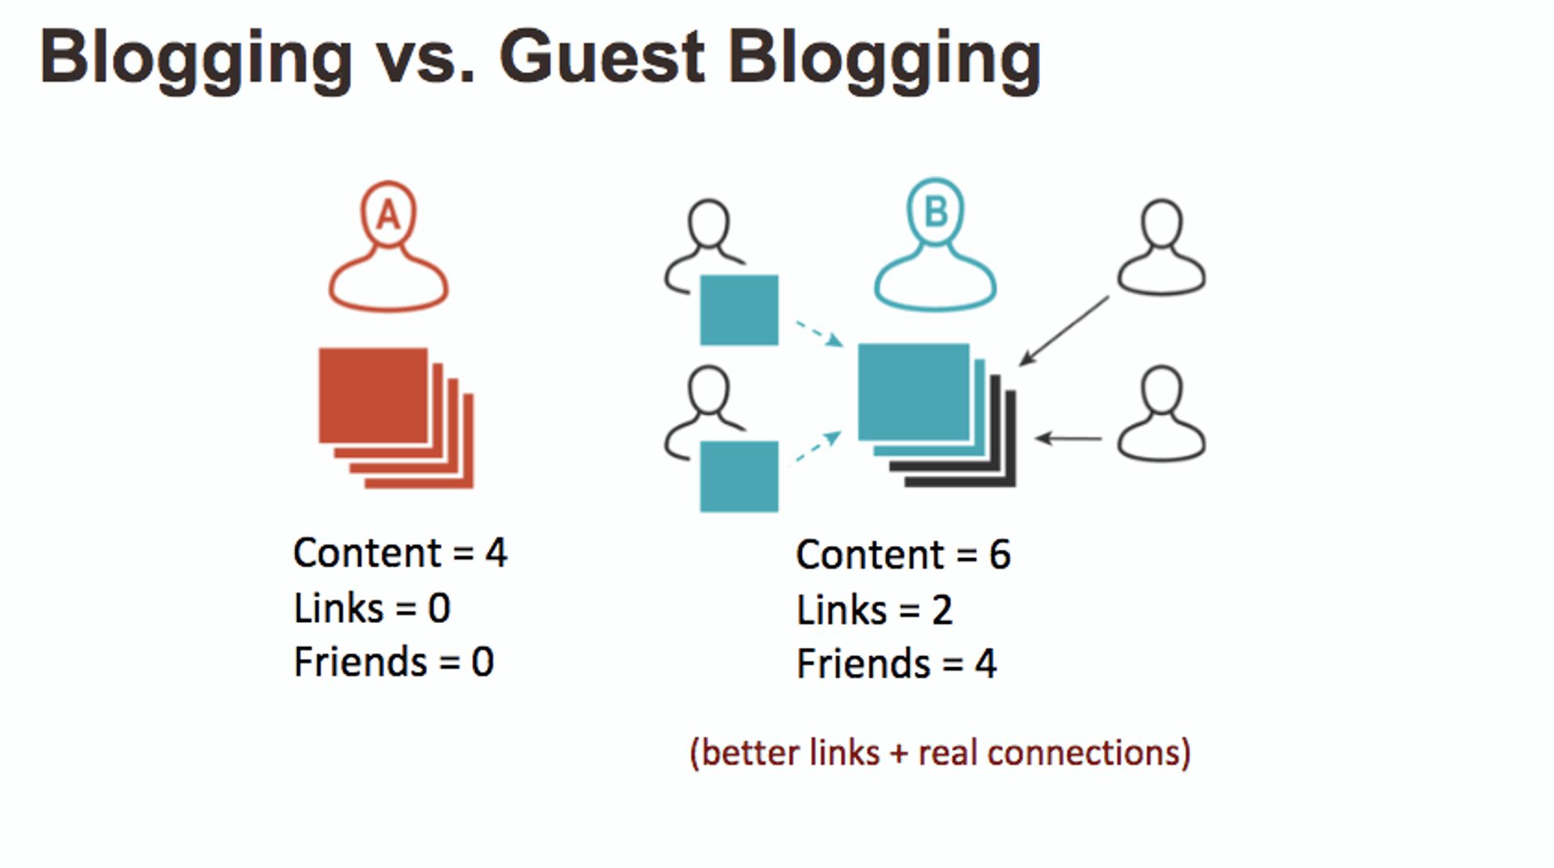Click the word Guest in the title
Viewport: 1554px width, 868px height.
coord(602,58)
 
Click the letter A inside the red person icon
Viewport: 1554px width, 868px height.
coord(388,215)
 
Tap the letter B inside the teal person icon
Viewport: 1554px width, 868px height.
coord(936,212)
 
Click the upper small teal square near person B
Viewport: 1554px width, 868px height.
coord(739,310)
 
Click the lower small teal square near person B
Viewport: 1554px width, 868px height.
coord(739,476)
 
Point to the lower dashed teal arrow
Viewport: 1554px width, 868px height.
coord(818,447)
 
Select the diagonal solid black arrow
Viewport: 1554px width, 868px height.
coord(1064,331)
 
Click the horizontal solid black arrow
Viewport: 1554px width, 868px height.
coord(1068,438)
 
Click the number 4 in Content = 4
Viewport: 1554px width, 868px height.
coord(496,553)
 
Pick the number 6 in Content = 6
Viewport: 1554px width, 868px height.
coord(1000,555)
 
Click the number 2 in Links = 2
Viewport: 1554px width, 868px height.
coord(941,610)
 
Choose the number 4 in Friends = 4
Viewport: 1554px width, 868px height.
coord(985,664)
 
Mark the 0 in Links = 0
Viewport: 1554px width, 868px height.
coord(439,608)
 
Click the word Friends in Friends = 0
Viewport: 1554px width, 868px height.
coord(360,662)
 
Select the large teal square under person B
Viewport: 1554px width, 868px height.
coord(913,392)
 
